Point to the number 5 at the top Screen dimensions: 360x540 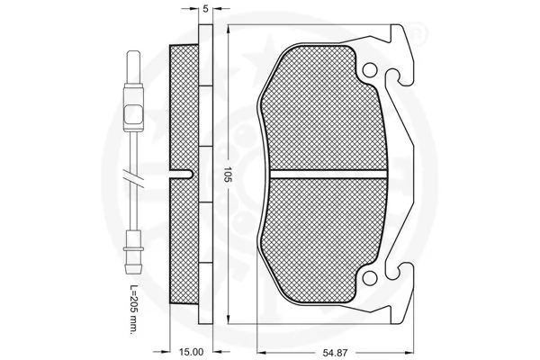click(206, 8)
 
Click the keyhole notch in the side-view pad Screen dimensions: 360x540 click(184, 173)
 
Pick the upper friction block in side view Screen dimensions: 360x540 click(184, 108)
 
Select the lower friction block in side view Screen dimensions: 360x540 click(184, 238)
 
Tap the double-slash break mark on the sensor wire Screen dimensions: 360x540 click(133, 180)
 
